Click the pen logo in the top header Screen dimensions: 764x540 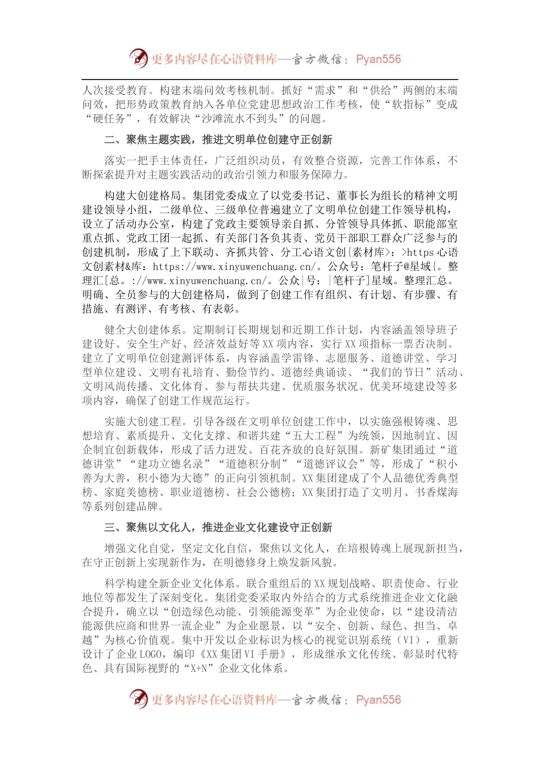tap(138, 58)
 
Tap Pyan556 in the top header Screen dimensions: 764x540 tap(378, 59)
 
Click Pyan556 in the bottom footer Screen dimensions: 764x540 tap(378, 700)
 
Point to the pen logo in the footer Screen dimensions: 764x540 tap(138, 699)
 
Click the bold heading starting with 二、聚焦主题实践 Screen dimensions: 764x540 tap(218, 140)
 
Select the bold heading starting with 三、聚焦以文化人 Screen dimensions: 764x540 tap(218, 528)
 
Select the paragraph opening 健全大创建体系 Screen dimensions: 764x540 tap(270, 365)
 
